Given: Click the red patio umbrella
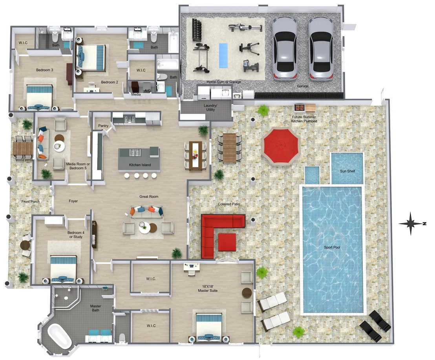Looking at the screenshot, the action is click(281, 146).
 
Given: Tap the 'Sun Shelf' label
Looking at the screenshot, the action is click(347, 171).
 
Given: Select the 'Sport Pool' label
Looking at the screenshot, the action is click(332, 247).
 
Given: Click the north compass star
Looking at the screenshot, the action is click(411, 223).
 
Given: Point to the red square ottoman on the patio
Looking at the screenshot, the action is click(227, 242).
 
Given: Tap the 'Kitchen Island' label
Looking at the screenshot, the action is click(140, 165).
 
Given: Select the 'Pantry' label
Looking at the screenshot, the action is click(103, 125).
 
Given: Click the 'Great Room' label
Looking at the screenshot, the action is click(149, 197).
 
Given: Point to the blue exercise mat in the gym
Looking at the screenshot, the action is click(223, 55).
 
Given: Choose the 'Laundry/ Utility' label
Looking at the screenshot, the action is click(210, 108).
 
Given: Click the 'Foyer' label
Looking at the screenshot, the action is click(73, 201).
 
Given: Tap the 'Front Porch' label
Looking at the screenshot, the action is click(31, 201).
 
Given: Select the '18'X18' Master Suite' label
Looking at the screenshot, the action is click(208, 288).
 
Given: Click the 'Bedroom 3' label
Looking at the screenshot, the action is click(44, 70).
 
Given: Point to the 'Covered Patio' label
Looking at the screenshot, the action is click(229, 204).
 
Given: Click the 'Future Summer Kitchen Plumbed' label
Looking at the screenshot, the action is click(304, 119).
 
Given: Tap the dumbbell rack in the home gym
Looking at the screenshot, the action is click(197, 29).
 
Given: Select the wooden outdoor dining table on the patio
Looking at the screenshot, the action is click(230, 147).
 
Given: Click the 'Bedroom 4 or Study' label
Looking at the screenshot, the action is click(76, 235).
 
